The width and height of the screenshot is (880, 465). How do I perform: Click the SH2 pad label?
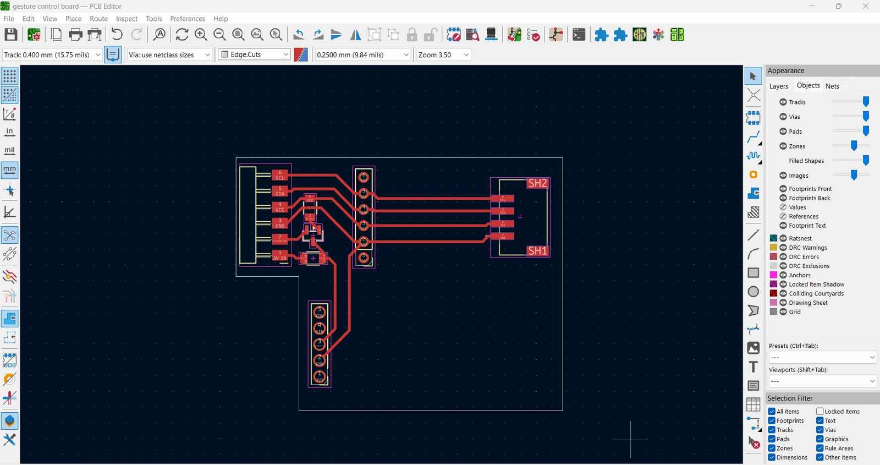point(537,183)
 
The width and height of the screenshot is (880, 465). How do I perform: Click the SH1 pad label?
point(537,251)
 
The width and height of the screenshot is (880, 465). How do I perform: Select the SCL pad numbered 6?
point(280,175)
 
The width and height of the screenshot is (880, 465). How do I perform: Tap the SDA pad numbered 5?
point(280,191)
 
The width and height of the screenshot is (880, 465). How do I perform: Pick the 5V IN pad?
point(280,255)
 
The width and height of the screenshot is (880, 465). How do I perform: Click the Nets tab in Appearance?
point(832,86)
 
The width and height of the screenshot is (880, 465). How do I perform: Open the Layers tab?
point(778,86)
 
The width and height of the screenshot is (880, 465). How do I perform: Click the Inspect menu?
point(127,19)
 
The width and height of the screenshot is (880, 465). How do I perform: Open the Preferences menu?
point(187,19)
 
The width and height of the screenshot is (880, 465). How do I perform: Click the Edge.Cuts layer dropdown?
point(254,54)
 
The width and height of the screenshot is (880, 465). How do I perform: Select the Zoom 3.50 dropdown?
point(443,55)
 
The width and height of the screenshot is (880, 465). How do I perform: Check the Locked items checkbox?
point(820,412)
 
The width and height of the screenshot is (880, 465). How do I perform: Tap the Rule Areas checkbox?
point(820,448)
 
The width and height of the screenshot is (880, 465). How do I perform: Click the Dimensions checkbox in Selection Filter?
point(772,457)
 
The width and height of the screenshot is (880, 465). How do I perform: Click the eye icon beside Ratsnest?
point(783,238)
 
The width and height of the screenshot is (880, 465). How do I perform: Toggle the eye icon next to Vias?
point(783,117)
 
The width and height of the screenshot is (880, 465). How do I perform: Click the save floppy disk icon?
point(10,35)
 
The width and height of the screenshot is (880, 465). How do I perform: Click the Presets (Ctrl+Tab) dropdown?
point(822,358)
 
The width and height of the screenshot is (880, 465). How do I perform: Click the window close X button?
point(865,7)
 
